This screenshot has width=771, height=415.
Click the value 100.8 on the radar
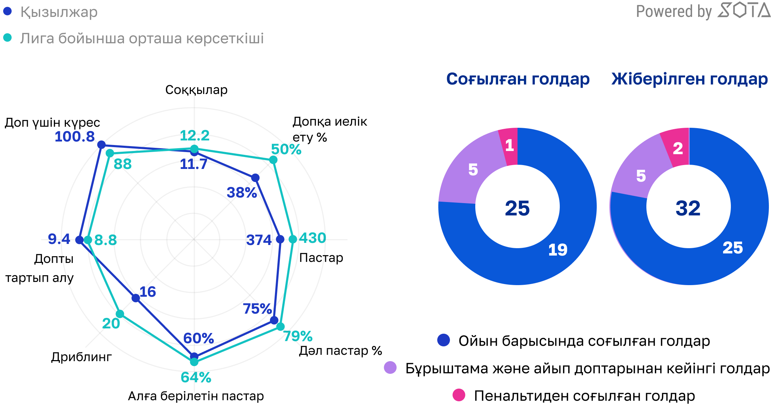[x=75, y=137]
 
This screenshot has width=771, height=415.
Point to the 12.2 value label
[x=194, y=136]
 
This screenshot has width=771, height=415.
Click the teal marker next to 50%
[x=273, y=160]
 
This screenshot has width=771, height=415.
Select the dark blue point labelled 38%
[x=256, y=178]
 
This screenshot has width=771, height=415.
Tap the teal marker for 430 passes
[x=293, y=239]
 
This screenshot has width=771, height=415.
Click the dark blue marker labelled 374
[x=280, y=239]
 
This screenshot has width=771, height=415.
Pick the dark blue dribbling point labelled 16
[x=136, y=298]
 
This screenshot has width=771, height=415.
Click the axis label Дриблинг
[x=81, y=357]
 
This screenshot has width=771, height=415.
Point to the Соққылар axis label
[x=196, y=90]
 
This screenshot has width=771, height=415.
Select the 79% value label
[x=298, y=336]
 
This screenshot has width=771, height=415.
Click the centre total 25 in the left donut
[x=517, y=208]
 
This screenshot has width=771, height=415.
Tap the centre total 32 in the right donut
[x=688, y=208]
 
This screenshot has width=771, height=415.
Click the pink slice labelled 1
[x=509, y=146]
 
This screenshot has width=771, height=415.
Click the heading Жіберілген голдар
[x=689, y=79]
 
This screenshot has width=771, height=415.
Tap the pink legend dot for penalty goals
[x=459, y=395]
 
